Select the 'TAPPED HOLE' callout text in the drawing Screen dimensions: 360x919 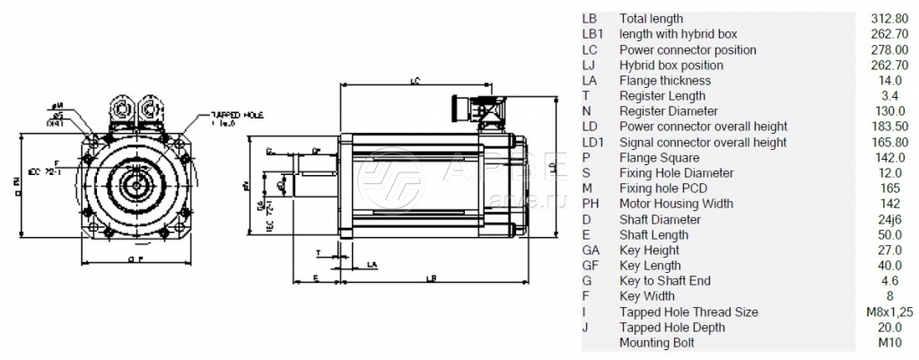(235, 115)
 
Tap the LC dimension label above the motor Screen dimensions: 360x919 (415, 82)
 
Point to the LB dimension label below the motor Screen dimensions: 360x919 (432, 278)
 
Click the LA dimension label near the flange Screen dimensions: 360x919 (372, 265)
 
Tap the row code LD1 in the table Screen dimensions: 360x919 (594, 142)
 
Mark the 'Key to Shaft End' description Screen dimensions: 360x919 (665, 281)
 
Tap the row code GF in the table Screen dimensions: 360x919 (591, 266)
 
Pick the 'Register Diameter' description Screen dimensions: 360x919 (669, 111)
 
